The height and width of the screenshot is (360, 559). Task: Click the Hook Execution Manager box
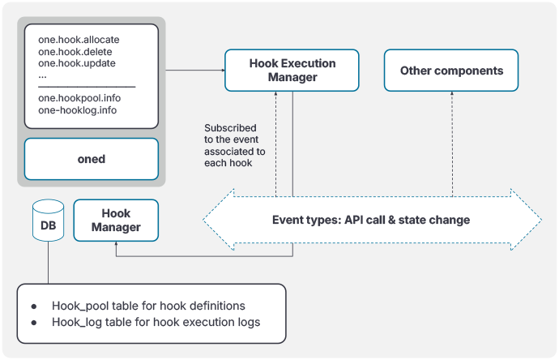281,71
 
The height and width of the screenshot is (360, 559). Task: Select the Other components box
451,71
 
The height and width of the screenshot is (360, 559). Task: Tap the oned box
91,159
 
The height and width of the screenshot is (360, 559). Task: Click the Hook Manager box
116,221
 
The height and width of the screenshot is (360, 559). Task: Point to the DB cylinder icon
48,220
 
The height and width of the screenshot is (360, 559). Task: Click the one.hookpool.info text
79,98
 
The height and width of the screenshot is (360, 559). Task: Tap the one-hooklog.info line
77,109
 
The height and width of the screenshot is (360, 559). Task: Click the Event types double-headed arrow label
370,220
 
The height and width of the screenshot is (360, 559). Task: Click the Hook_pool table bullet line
148,306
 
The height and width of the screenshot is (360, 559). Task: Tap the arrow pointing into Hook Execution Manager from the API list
194,71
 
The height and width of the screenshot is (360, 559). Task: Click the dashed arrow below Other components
451,142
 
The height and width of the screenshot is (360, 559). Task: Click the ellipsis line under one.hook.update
42,75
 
